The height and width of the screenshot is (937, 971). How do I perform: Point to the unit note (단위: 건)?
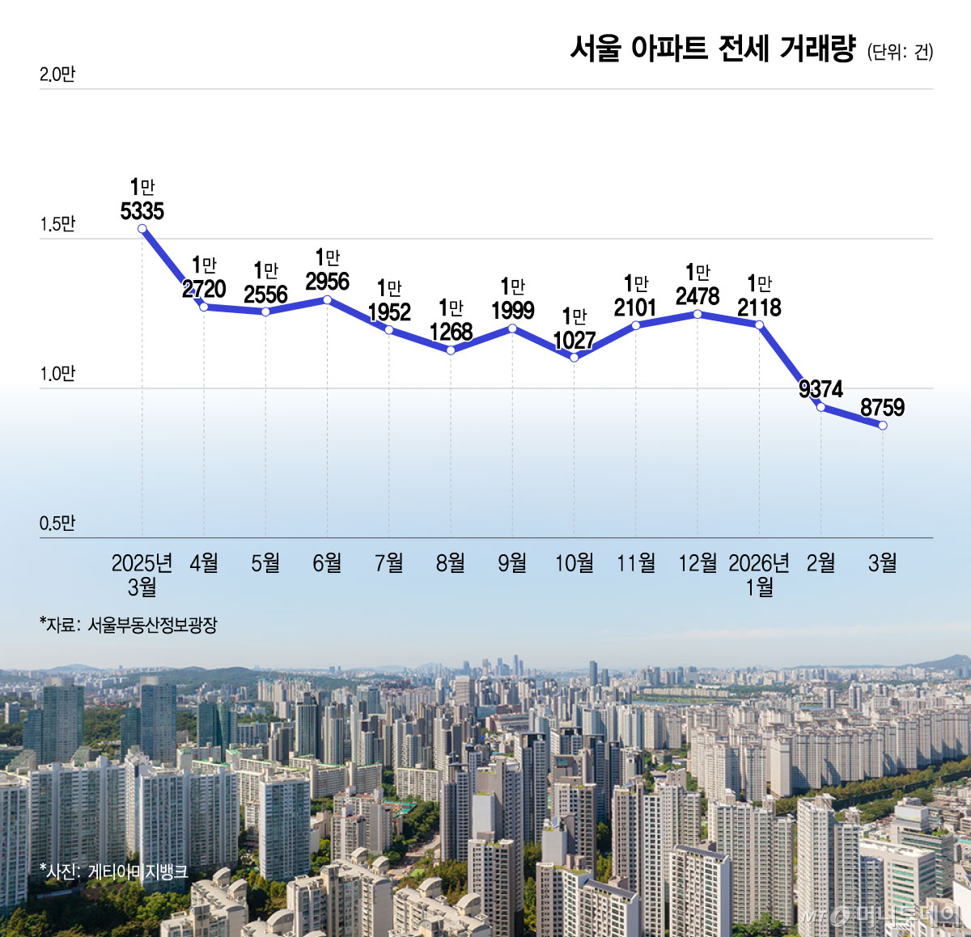click(900, 52)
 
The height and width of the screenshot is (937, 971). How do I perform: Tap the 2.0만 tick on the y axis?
click(57, 74)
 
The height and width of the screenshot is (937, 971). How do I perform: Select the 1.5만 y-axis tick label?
click(57, 224)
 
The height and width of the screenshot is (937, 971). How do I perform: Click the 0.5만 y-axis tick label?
click(57, 524)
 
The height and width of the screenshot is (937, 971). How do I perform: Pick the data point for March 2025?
click(142, 229)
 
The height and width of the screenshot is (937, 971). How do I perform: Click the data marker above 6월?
click(327, 300)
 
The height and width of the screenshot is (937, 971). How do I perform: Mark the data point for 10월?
click(575, 358)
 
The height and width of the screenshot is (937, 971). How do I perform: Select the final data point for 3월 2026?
click(883, 426)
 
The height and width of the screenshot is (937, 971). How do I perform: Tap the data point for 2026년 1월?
click(759, 325)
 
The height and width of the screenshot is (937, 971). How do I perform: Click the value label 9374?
click(820, 389)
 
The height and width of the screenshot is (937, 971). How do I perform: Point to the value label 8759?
click(882, 407)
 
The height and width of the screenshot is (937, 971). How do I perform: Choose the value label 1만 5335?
click(142, 200)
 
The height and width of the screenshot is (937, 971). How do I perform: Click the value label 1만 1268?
click(451, 320)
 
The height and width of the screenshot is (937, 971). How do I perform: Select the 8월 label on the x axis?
click(451, 562)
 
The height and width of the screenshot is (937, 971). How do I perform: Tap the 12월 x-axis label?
click(698, 562)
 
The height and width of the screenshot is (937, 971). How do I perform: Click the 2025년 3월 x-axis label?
click(142, 574)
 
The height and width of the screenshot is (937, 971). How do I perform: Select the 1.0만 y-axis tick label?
click(57, 374)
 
